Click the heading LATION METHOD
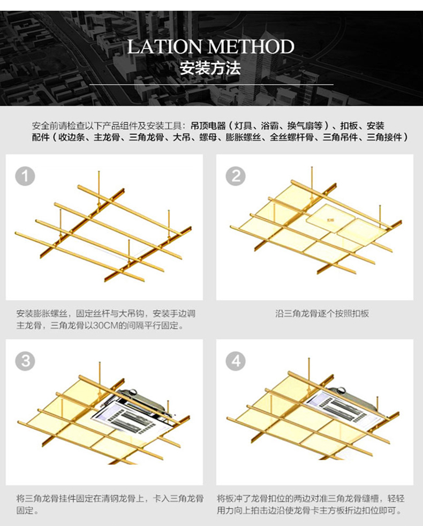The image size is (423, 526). (x=211, y=47)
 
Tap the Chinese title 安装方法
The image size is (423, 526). (x=210, y=69)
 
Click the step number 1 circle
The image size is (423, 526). (x=25, y=175)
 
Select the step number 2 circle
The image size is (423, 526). (x=236, y=175)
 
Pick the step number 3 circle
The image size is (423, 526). (x=25, y=361)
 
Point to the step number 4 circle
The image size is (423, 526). (x=236, y=361)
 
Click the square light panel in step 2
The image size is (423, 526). (x=327, y=219)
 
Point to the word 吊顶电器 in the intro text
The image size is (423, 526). (x=204, y=126)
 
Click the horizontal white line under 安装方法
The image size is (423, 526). (x=211, y=84)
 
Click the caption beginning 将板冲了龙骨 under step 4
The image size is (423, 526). (x=311, y=504)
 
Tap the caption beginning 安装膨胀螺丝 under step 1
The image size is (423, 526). (x=105, y=319)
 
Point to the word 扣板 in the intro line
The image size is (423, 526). (x=348, y=126)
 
